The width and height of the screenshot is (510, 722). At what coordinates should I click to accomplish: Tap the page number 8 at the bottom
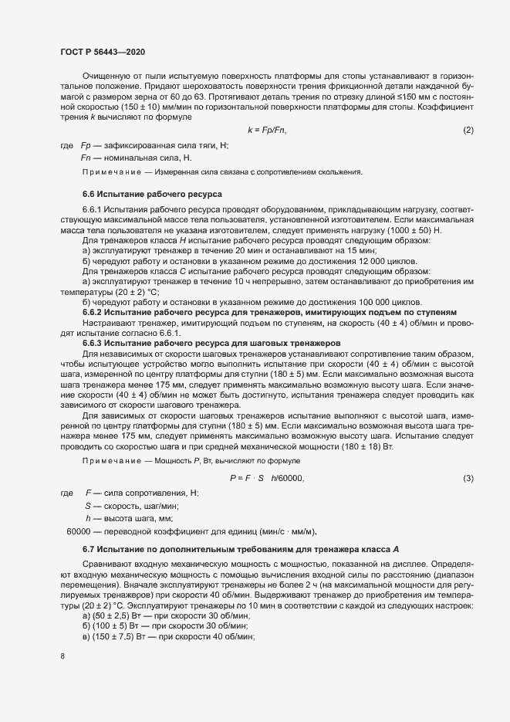pyautogui.click(x=62, y=657)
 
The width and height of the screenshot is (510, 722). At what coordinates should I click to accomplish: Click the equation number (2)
pyautogui.click(x=468, y=129)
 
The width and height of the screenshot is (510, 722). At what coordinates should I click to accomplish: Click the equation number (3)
pyautogui.click(x=468, y=479)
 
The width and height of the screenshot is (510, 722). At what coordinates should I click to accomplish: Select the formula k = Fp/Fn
pyautogui.click(x=266, y=129)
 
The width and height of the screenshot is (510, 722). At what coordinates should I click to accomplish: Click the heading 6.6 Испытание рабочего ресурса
pyautogui.click(x=152, y=195)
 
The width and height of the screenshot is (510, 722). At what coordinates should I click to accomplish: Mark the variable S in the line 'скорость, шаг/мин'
pyautogui.click(x=88, y=506)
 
